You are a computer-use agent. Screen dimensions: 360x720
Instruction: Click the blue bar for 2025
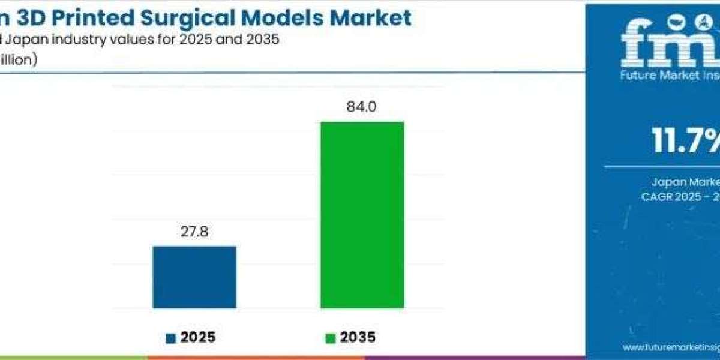[194, 277]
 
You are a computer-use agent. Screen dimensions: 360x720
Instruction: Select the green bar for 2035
[362, 215]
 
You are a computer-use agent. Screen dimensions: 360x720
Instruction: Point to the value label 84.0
[362, 108]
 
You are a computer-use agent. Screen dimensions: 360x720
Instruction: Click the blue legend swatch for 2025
[172, 338]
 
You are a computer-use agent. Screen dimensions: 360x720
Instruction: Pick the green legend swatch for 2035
[329, 338]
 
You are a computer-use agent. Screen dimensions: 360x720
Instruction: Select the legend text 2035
[358, 338]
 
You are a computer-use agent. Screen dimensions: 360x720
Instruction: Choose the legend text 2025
[197, 338]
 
